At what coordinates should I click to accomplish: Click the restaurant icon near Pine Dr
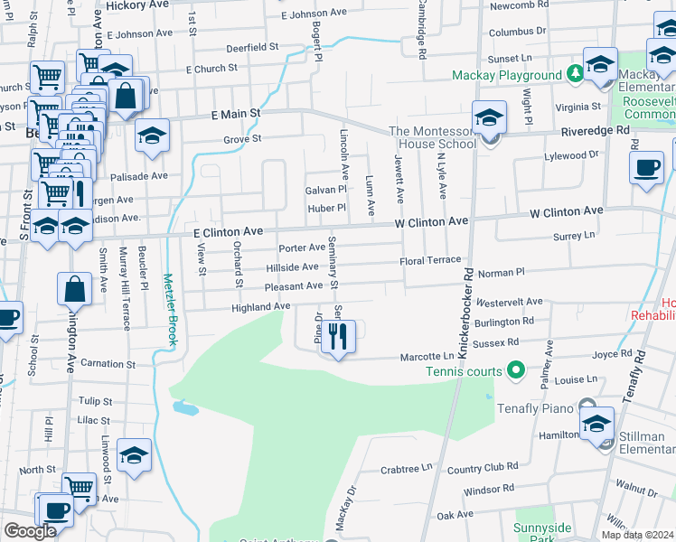339,337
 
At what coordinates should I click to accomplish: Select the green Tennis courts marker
516,370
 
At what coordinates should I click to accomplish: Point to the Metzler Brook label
169,309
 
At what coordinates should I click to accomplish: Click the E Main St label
236,115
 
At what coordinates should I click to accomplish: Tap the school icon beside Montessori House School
489,118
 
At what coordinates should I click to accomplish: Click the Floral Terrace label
431,260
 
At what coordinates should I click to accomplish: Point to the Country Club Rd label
483,468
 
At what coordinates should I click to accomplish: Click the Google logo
30,531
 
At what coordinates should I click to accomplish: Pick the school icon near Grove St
153,136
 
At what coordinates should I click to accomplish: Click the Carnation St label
108,364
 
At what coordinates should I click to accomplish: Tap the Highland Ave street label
261,307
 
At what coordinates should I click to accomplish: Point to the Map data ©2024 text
638,535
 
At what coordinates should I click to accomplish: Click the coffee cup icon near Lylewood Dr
647,168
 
